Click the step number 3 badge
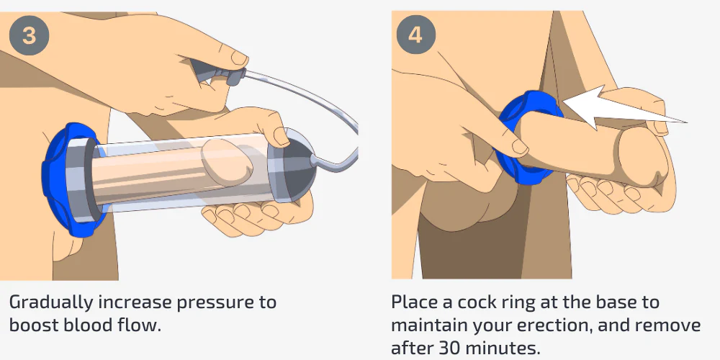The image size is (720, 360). point(29,35)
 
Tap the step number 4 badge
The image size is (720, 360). point(415,35)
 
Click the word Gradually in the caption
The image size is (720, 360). point(50,303)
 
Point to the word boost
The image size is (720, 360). point(35,325)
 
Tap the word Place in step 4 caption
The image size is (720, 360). point(413,302)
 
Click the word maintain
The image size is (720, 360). point(428,325)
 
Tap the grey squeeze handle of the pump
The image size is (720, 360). point(216,72)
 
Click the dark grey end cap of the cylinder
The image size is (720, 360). point(294,166)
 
